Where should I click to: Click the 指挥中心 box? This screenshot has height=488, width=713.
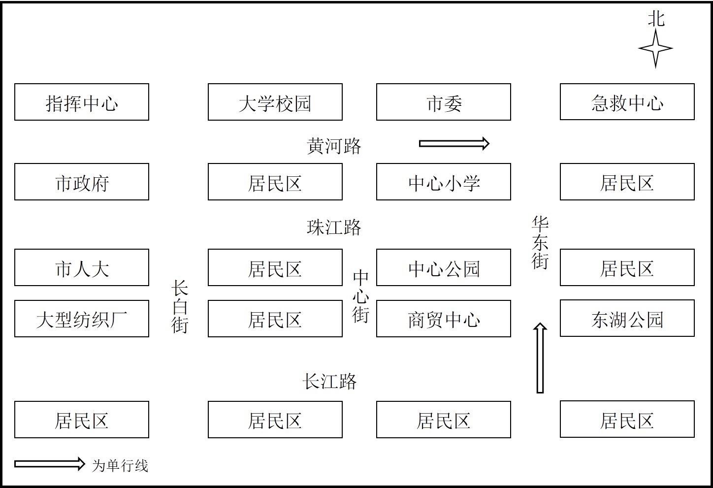tap(81, 102)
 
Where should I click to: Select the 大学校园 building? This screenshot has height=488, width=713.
tap(275, 102)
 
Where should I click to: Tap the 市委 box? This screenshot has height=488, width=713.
tap(443, 102)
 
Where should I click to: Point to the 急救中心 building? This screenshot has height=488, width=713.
tap(627, 102)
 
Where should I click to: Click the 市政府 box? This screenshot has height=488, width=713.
tap(81, 182)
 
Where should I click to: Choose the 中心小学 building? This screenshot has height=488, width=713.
tap(443, 182)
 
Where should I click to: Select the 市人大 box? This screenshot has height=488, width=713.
tap(81, 267)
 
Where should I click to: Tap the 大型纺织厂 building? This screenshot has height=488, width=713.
tap(81, 319)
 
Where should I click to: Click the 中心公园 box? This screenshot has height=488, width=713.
tap(443, 267)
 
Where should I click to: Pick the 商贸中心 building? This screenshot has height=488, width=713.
tap(443, 319)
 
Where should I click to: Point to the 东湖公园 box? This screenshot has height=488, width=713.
tap(627, 318)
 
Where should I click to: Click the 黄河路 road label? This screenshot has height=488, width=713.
tap(334, 146)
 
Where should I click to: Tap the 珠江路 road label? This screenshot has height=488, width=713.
tap(334, 228)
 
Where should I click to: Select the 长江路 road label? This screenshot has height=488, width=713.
tap(329, 381)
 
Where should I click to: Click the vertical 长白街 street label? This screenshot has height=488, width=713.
tap(180, 307)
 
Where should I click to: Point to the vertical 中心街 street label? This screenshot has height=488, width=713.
tap(360, 296)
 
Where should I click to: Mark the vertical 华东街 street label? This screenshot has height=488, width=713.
tap(540, 243)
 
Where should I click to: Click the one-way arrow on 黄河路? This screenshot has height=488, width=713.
tap(454, 144)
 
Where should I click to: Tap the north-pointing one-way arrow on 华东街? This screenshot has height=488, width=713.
tap(540, 358)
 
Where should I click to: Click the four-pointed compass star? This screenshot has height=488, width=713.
tap(655, 49)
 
